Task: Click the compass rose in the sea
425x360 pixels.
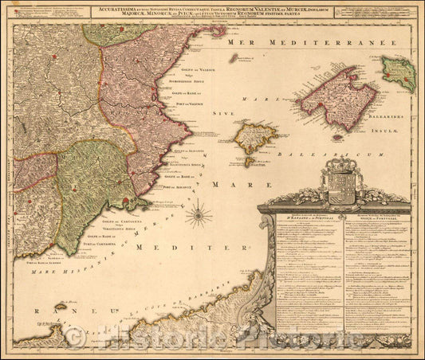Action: tap(200, 213)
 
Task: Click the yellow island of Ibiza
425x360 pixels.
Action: tap(256, 137)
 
